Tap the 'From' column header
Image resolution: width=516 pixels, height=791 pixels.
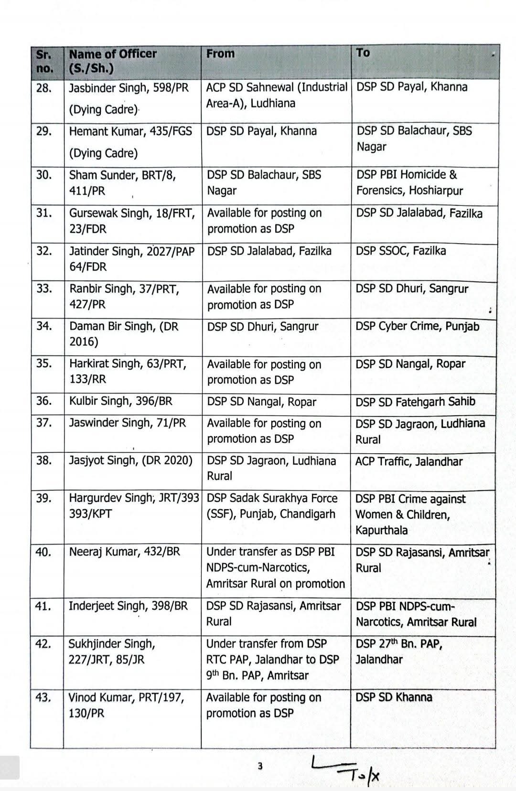point(220,53)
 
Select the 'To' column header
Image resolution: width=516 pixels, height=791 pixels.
point(363,53)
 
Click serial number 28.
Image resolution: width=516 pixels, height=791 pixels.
point(44,88)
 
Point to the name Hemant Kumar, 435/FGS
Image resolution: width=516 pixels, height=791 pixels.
point(130,131)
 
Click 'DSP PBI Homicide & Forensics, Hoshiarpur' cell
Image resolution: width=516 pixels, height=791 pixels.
point(409,182)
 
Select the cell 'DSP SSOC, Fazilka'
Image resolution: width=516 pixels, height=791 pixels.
point(400,251)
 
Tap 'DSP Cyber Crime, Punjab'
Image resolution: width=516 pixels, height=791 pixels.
point(417,326)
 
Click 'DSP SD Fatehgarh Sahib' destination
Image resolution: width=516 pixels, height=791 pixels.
point(415,402)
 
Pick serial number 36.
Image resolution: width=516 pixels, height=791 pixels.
point(44,401)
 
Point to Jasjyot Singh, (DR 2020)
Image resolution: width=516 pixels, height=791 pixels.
point(130,460)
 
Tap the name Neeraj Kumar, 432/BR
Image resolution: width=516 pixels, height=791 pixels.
point(124,552)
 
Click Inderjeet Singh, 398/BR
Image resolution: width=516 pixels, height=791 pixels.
point(128,606)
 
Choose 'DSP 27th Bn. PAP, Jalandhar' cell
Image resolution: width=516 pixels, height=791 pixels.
point(399,652)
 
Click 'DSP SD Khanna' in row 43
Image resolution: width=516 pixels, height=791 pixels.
point(394,697)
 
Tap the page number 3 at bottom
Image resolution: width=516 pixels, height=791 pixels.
point(260,766)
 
